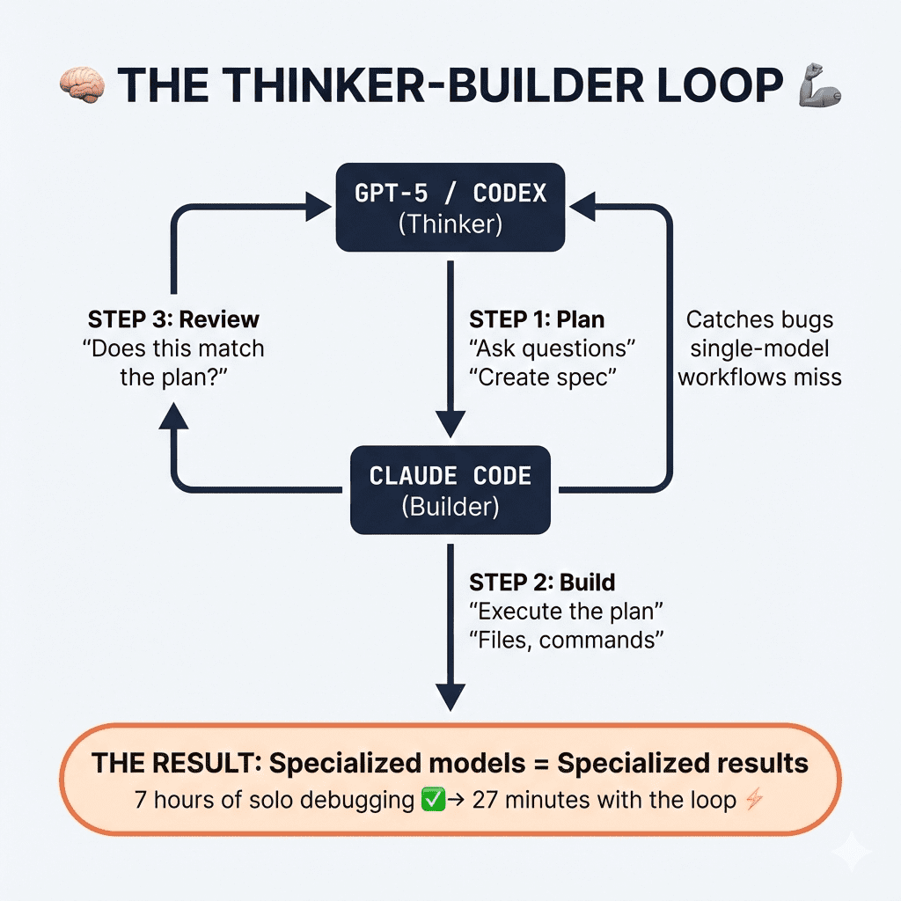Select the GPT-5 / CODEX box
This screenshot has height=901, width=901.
(450, 208)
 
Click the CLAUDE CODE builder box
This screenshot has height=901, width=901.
(450, 490)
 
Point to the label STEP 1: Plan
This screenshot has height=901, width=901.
(538, 319)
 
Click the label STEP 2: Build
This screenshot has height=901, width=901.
(542, 582)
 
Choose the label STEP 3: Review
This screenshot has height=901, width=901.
(173, 319)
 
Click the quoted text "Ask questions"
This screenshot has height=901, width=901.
(553, 348)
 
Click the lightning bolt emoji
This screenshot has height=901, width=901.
(752, 801)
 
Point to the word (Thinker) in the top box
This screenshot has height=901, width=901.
(450, 224)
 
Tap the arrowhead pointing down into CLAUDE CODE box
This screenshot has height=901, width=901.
(450, 429)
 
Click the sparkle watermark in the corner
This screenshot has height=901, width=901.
(853, 853)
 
